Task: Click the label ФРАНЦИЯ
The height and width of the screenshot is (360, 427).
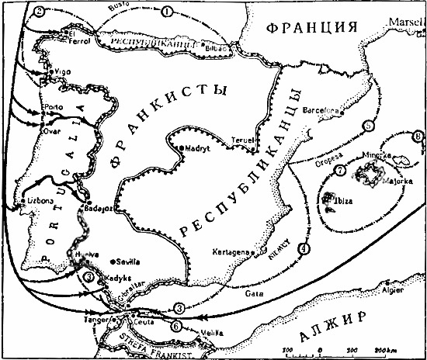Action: click(x=312, y=28)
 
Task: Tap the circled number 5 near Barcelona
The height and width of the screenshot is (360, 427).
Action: click(x=369, y=125)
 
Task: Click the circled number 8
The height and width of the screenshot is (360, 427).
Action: click(x=419, y=137)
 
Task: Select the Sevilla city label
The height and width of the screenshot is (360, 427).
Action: click(x=129, y=261)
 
